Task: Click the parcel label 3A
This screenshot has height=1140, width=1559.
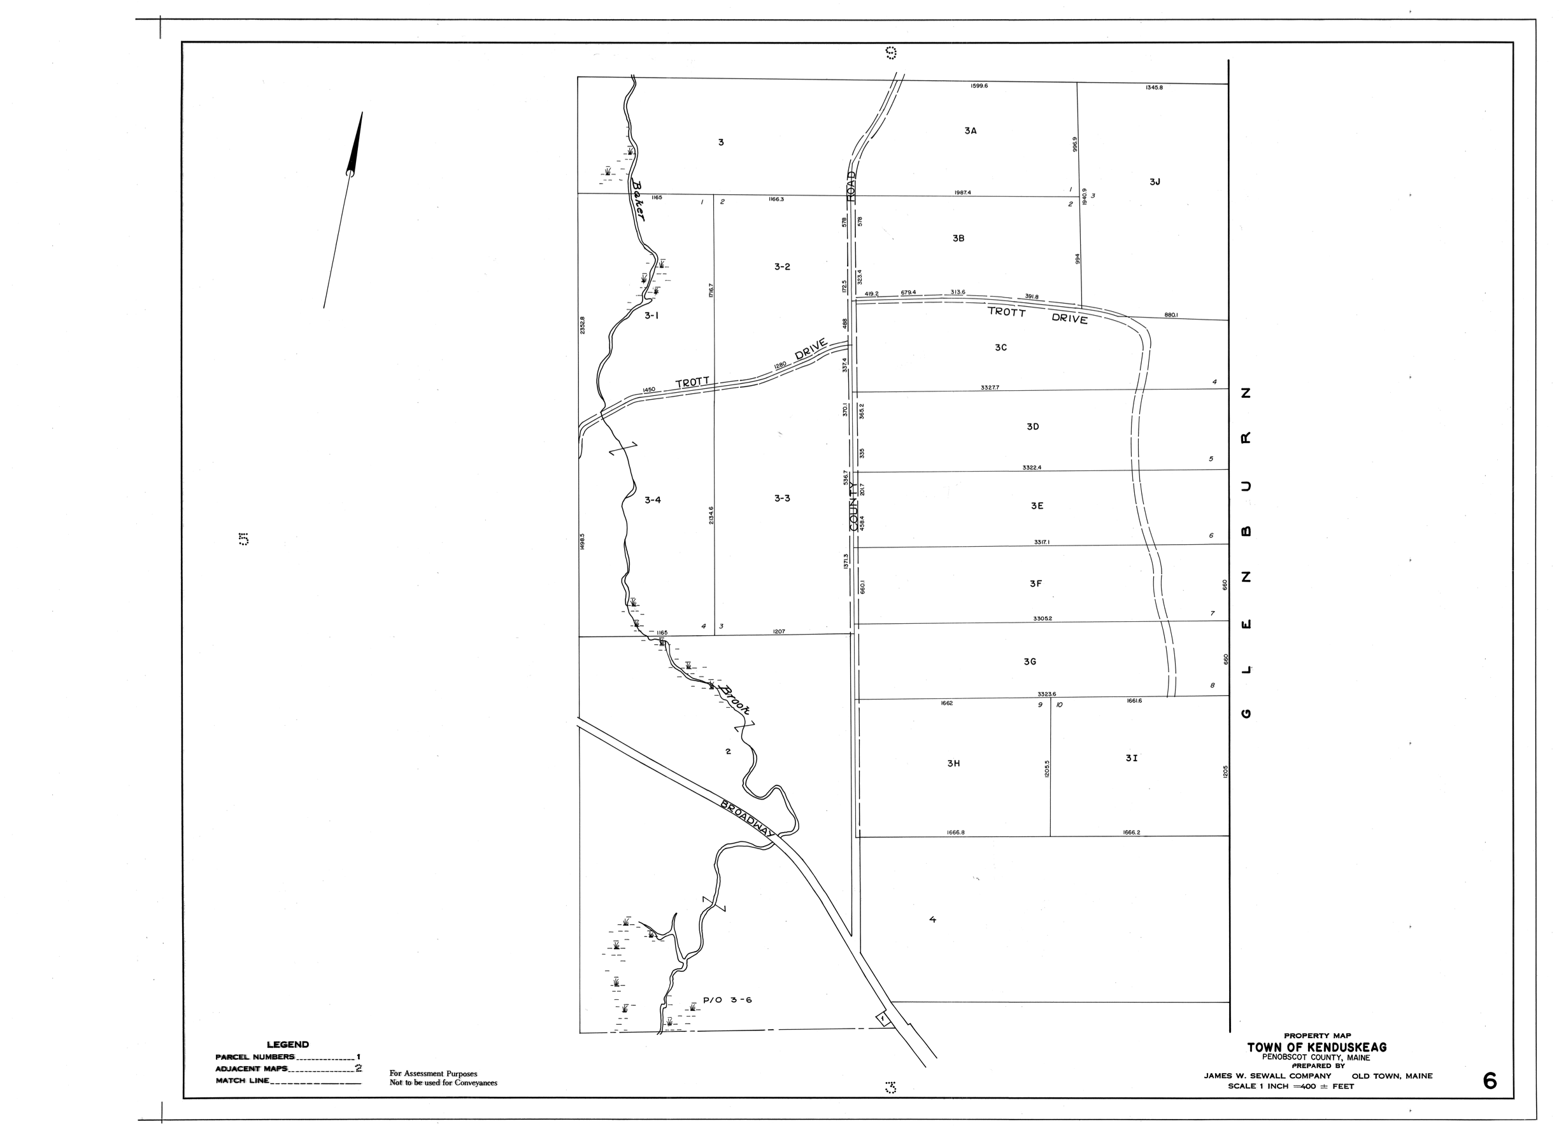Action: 970,130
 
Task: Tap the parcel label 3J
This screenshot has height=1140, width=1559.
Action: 1155,182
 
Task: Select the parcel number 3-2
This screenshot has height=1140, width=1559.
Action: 781,267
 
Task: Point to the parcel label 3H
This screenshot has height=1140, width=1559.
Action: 953,763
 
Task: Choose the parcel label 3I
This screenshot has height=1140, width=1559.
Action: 1131,757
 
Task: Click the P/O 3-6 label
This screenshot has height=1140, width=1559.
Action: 727,1000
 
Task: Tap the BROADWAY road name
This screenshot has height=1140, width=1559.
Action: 747,820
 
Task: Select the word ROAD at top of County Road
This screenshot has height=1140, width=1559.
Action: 851,186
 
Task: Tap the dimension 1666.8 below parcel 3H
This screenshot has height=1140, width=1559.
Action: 955,832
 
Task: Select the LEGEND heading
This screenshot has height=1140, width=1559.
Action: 288,1045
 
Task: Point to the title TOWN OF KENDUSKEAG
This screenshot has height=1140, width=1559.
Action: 1316,1048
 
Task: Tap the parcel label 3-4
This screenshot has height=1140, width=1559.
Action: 653,500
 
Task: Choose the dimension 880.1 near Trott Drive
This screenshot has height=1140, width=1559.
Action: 1171,315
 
